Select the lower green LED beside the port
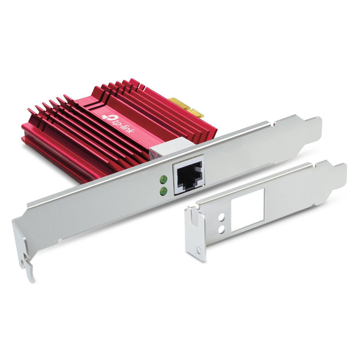[x=164, y=191]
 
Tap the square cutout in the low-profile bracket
[x=247, y=210]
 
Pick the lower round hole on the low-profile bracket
[x=221, y=229]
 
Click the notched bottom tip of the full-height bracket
[x=27, y=270]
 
